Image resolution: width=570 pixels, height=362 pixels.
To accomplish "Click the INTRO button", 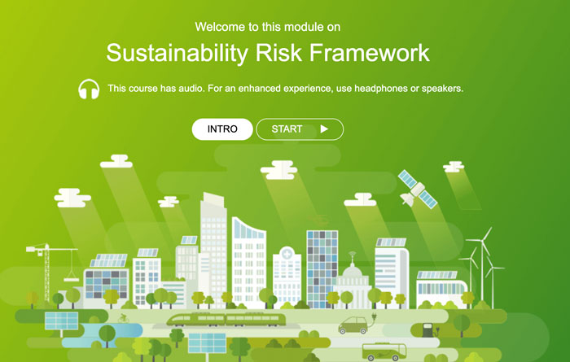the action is click(222, 129).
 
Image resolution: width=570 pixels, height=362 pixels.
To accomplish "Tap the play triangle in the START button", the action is click(324, 129).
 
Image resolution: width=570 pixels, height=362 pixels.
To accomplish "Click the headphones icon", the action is click(89, 89).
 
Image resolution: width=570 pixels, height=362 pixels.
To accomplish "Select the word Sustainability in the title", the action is click(177, 53).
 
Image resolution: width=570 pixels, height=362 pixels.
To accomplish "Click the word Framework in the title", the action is click(370, 53).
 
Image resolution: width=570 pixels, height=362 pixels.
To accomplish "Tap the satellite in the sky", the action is click(417, 190).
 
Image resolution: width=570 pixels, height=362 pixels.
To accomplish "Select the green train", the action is click(226, 320).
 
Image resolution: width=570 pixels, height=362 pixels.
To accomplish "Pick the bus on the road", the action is click(384, 351).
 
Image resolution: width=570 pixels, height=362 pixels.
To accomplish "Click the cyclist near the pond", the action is click(124, 318).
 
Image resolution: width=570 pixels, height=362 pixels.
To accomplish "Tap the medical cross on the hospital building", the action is click(287, 253).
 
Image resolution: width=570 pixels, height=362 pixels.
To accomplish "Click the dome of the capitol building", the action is click(353, 270).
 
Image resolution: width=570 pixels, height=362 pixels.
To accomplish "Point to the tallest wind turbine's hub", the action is click(483, 240).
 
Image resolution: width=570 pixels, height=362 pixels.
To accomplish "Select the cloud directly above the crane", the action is click(72, 198).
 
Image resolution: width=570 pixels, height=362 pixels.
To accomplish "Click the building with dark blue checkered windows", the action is click(322, 269).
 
